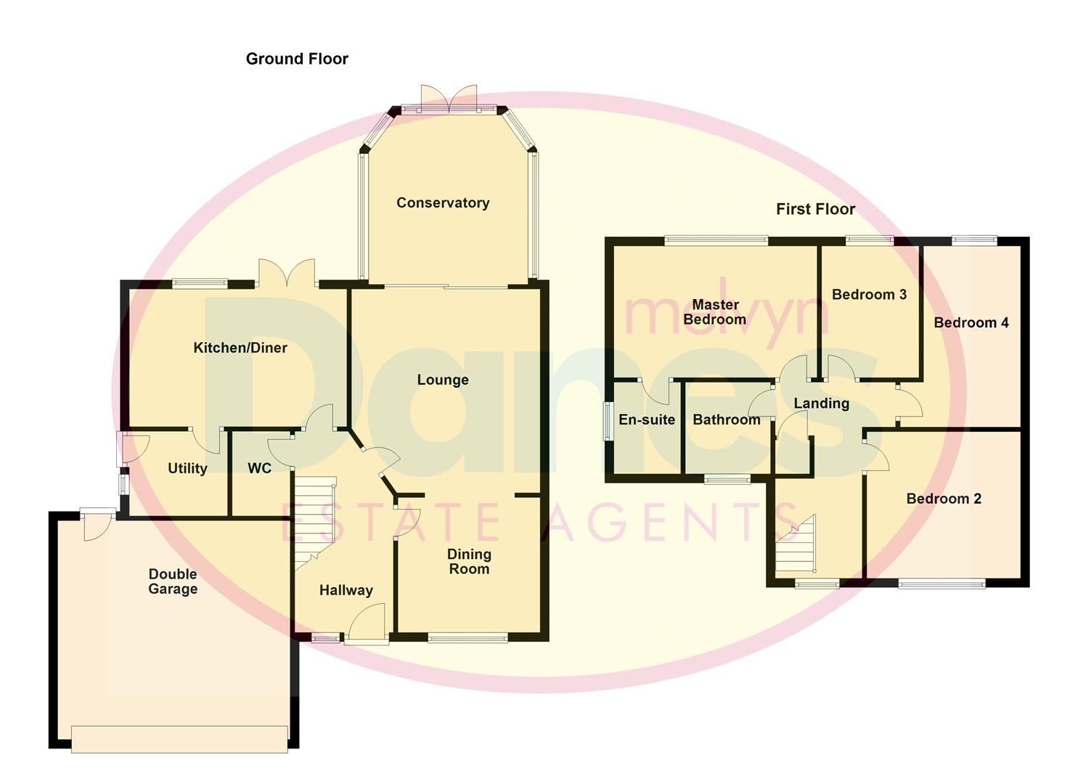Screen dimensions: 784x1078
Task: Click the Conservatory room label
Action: click(442, 203)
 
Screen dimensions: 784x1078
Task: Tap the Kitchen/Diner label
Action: click(240, 348)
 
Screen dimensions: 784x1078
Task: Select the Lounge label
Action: click(442, 380)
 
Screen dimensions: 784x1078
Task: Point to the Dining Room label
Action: click(469, 561)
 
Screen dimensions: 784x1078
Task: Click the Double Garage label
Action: click(173, 581)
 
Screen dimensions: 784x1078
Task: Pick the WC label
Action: click(259, 468)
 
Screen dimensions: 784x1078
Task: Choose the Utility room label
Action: click(187, 468)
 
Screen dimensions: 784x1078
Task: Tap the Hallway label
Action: click(346, 590)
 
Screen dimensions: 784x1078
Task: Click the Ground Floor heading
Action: click(297, 59)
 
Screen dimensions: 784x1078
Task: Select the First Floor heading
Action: click(815, 209)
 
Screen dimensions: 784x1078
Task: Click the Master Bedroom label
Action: click(715, 312)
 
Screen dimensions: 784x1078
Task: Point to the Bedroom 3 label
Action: click(869, 294)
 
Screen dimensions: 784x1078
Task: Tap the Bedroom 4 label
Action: click(971, 322)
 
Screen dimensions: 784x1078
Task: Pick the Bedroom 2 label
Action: click(944, 499)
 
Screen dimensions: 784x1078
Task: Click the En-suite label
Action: click(646, 420)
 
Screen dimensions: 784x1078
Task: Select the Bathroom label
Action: click(726, 420)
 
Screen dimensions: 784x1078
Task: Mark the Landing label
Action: click(821, 404)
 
